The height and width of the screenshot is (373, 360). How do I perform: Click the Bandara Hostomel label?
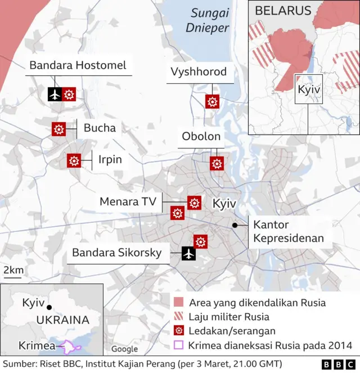tap(78, 65)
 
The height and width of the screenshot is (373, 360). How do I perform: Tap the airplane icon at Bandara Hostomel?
tap(55, 95)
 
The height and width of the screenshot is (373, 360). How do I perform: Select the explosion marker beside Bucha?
tap(58, 129)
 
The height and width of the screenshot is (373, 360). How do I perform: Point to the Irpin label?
tap(110, 159)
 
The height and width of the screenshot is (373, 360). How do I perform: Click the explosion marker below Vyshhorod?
tap(212, 102)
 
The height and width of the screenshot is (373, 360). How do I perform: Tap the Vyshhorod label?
tap(199, 72)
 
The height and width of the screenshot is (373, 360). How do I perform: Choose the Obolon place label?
tap(201, 137)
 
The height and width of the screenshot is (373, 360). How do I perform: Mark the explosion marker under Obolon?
tap(217, 163)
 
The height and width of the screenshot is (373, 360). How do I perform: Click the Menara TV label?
tap(127, 201)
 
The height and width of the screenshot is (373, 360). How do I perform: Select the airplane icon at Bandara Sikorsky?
tap(188, 254)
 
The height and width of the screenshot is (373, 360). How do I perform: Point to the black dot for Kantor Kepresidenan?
tap(234, 225)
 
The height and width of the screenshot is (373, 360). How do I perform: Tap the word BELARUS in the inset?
tap(283, 11)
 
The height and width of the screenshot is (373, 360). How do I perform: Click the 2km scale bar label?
tap(13, 271)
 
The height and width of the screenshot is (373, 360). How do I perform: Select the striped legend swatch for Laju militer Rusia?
tap(179, 317)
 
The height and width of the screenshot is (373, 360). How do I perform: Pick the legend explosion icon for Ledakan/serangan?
tap(179, 331)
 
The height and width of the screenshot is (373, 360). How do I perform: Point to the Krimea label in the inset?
tap(37, 345)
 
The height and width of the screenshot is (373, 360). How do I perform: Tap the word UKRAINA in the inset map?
tap(62, 320)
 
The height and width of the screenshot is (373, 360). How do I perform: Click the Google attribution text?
tap(124, 349)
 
